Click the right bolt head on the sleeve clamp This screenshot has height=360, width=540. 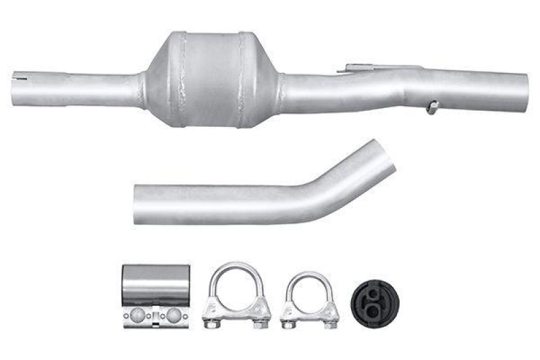pyautogui.click(x=174, y=315)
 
